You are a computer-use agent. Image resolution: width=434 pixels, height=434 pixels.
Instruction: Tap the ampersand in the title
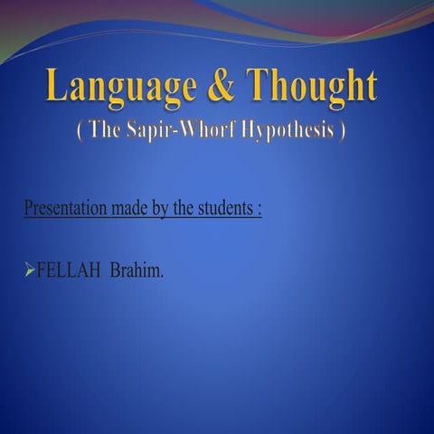[222, 87]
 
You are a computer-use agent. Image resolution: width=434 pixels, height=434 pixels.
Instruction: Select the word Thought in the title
[312, 87]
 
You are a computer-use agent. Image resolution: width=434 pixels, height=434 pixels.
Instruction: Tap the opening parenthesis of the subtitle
[80, 131]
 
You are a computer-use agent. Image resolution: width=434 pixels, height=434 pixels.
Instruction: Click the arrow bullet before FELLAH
[29, 269]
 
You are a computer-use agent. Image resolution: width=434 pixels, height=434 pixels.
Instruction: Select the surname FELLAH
[69, 269]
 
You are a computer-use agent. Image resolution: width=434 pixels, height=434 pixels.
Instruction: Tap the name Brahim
[137, 269]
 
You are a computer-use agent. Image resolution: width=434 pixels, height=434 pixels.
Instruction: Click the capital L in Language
[57, 87]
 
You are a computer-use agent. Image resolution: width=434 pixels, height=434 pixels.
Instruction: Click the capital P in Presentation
[27, 209]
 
